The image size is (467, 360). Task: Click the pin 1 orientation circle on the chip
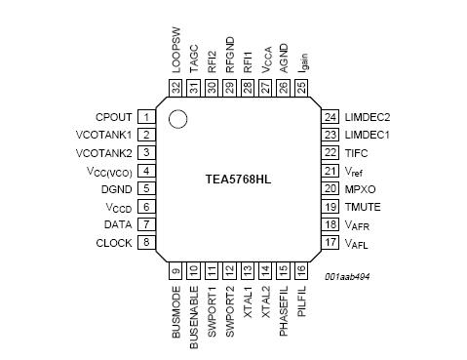coord(177,119)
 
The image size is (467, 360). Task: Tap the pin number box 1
coord(145,117)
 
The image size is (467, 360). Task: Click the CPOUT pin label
coord(115,117)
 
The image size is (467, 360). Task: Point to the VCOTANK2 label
coord(103,153)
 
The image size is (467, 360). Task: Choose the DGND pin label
coord(116,189)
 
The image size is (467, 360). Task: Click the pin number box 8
coord(145,242)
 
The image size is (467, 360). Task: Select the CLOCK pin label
coord(114,242)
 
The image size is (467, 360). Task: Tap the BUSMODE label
coord(176,310)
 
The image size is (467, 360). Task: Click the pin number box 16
coord(300,270)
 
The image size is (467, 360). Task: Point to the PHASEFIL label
coord(283,311)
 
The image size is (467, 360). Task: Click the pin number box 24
coord(331,117)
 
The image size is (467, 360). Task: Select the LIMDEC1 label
coord(367,135)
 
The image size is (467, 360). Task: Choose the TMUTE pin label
coord(361,206)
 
